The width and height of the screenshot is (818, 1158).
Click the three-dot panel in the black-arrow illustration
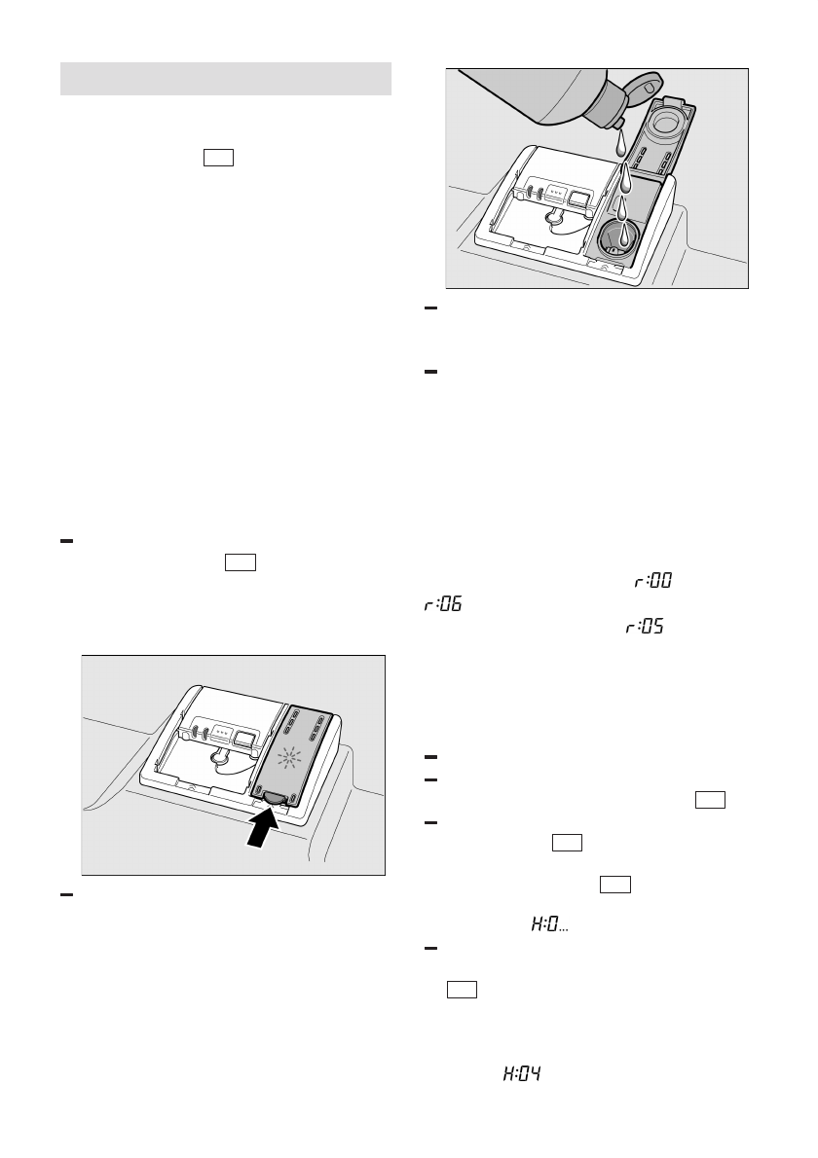pyautogui.click(x=224, y=729)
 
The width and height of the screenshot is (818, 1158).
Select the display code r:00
pyautogui.click(x=653, y=581)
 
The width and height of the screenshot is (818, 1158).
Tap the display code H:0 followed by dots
pyautogui.click(x=549, y=925)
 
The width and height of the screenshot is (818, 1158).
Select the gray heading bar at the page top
pyautogui.click(x=226, y=79)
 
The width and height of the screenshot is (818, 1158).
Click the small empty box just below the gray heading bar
pyautogui.click(x=219, y=159)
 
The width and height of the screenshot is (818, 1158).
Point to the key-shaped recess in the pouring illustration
pyautogui.click(x=558, y=222)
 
